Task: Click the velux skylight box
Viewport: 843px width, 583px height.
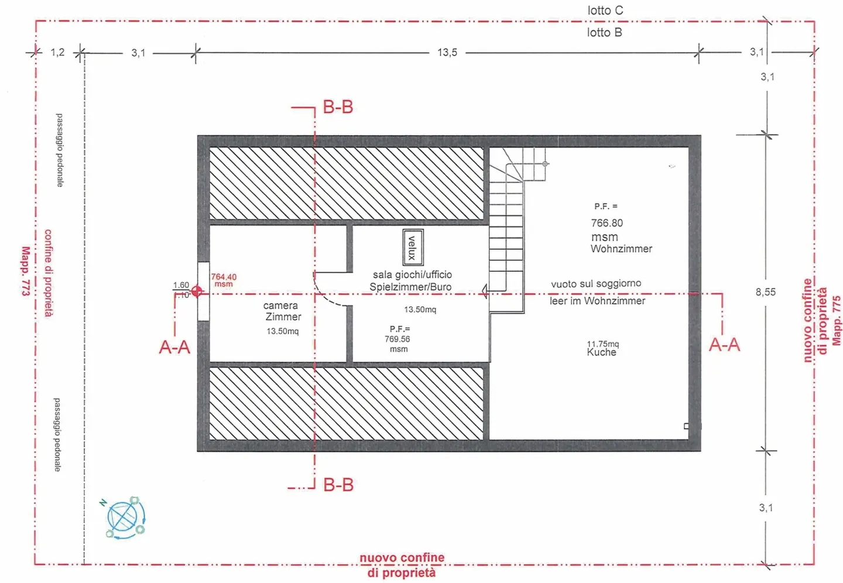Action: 412,247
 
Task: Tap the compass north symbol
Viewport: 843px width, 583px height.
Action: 125,517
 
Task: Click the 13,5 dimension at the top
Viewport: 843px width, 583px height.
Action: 447,53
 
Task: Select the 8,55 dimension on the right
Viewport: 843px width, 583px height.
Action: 765,292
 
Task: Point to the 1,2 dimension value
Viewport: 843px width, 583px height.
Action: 57,53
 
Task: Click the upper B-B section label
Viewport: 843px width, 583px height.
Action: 338,107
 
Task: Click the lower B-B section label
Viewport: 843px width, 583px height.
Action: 338,485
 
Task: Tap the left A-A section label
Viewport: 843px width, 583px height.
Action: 174,347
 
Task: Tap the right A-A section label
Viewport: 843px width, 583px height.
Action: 724,345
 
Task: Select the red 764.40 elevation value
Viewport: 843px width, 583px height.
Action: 224,277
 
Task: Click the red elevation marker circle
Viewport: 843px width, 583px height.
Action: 197,291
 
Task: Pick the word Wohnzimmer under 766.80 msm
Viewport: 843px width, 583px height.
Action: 621,249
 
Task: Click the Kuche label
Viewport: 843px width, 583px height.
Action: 602,352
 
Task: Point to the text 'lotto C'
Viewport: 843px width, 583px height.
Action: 605,11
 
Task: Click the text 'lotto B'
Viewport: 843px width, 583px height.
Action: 604,33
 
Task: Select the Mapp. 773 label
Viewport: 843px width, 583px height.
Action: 25,270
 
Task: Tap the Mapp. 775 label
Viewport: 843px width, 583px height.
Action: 836,320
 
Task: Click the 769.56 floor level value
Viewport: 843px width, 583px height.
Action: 397,339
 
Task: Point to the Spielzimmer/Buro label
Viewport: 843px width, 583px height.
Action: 410,287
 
